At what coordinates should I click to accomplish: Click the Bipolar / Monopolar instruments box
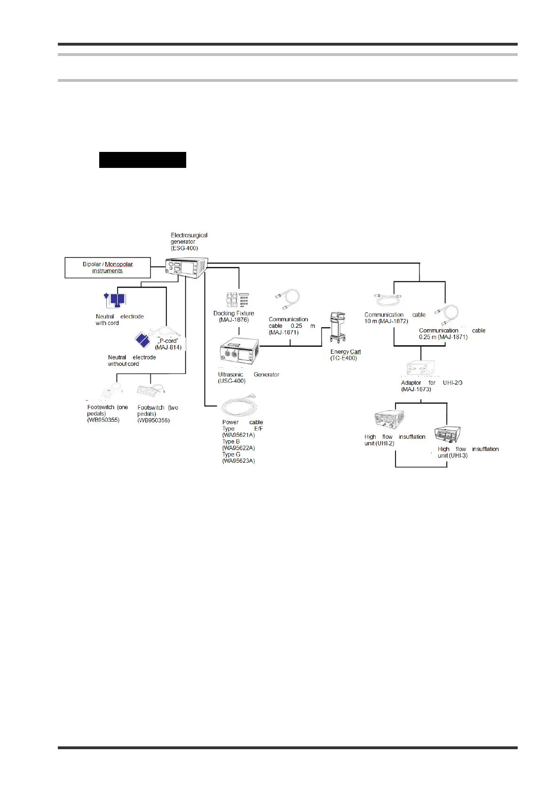click(108, 268)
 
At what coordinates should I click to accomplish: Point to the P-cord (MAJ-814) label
click(168, 344)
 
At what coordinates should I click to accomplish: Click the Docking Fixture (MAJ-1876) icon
click(237, 300)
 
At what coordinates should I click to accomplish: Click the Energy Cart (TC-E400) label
click(345, 355)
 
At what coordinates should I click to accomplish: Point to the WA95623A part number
click(238, 461)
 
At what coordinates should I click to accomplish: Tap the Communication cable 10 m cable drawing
click(387, 300)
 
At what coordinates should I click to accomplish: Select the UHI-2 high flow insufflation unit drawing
click(389, 420)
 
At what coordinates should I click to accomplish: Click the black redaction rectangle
click(142, 160)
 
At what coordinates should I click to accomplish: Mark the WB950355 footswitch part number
click(103, 420)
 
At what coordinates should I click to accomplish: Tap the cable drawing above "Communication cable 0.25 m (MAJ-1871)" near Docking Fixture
click(287, 300)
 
